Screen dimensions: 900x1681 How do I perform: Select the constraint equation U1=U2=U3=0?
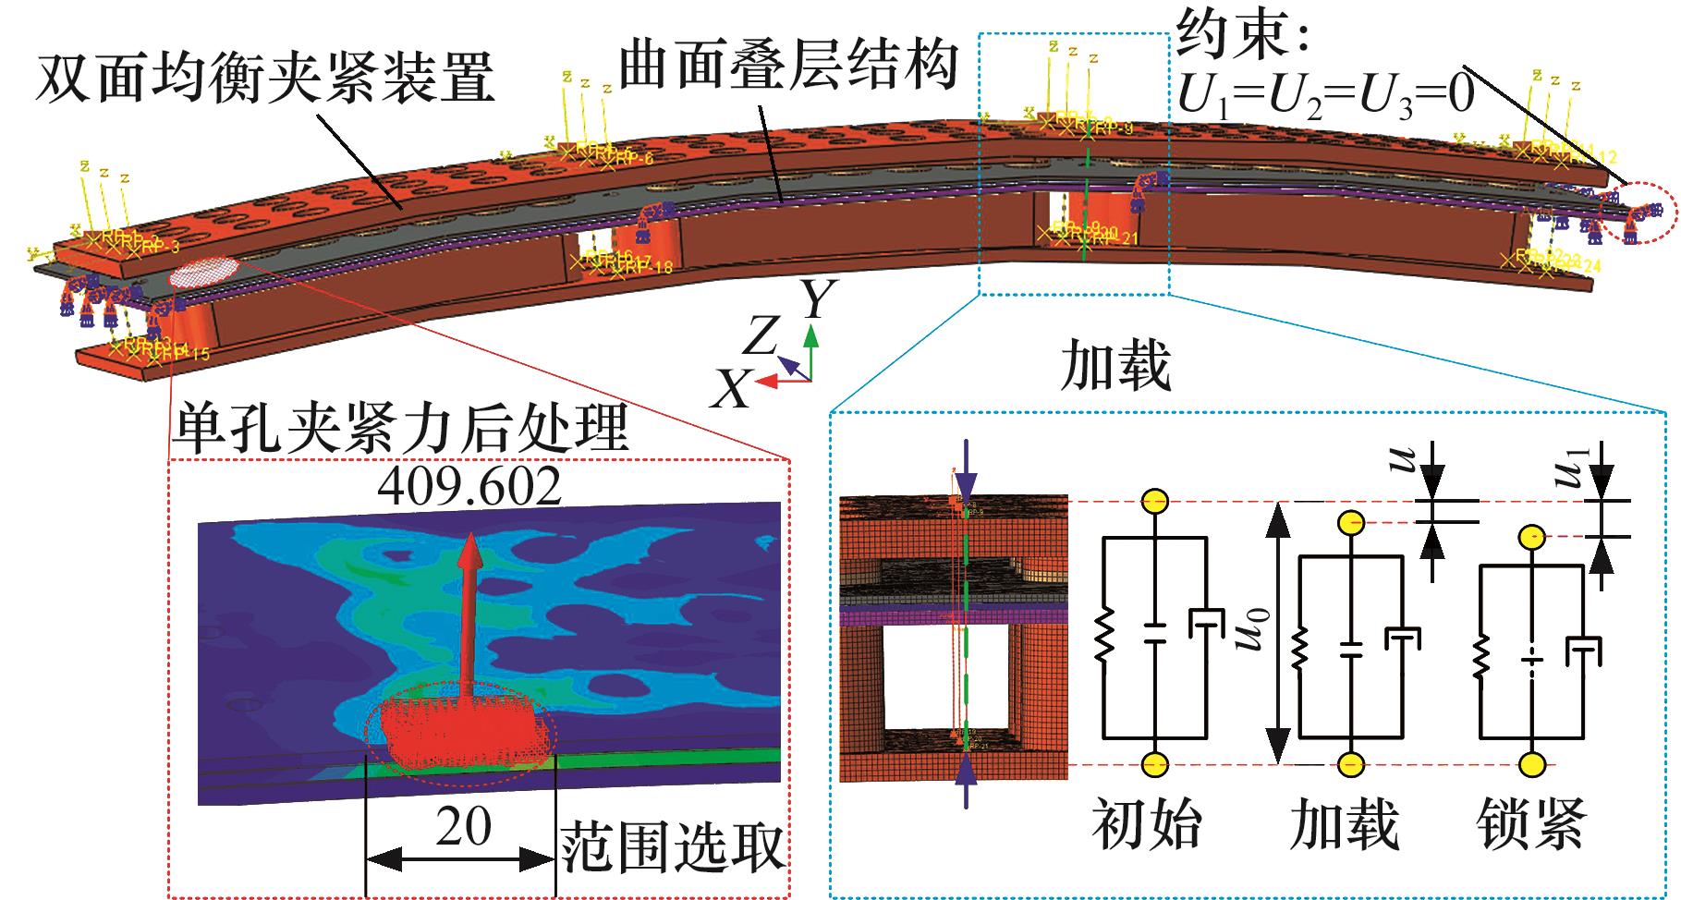pyautogui.click(x=1326, y=95)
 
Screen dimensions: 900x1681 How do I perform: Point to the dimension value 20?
pyautogui.click(x=463, y=828)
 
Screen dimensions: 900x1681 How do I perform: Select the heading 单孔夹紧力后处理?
pyautogui.click(x=399, y=426)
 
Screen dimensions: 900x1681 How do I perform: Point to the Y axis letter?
pyautogui.click(x=818, y=298)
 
